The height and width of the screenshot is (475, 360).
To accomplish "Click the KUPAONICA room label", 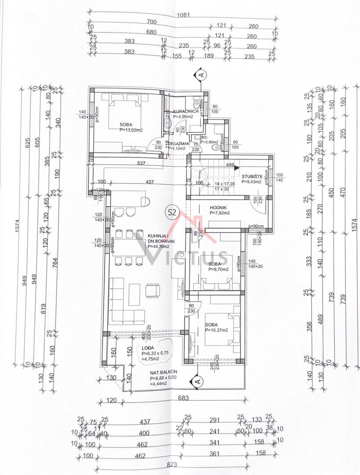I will click(x=185, y=111).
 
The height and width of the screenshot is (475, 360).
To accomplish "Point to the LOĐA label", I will click(x=148, y=347).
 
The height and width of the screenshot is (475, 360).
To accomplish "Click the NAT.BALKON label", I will click(x=162, y=372).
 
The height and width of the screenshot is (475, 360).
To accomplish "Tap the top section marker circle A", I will click(x=201, y=75).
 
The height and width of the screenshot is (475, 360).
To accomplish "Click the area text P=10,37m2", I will click(x=216, y=330).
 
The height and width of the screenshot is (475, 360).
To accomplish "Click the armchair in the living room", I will click(x=153, y=290).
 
